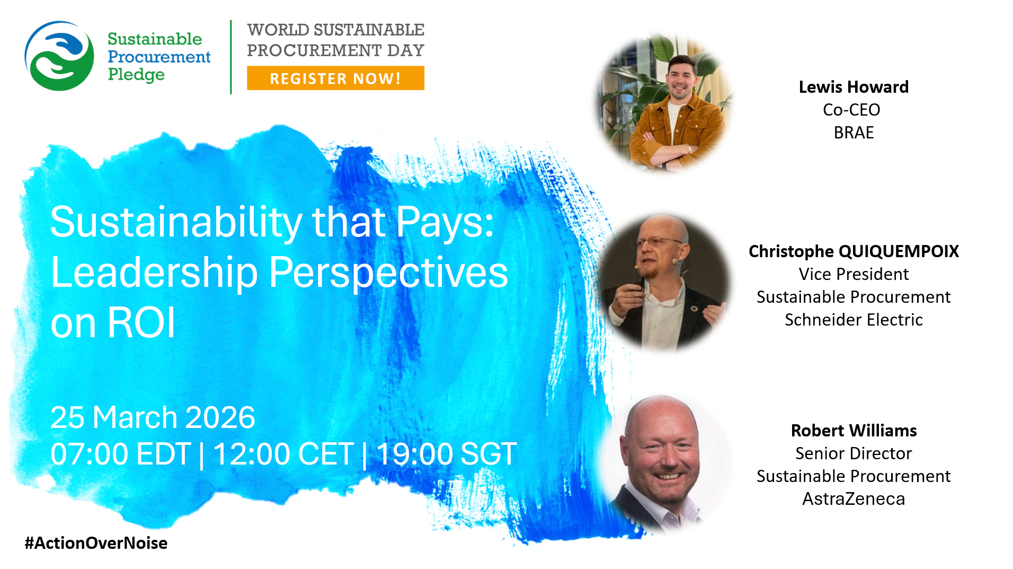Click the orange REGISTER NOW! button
(335, 78)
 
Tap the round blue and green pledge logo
(59, 56)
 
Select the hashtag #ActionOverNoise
(96, 543)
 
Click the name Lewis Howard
(854, 87)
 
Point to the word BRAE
(854, 133)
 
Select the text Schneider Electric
(854, 320)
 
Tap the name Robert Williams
(854, 431)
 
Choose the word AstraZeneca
(854, 499)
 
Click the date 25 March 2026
(153, 417)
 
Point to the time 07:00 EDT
(121, 454)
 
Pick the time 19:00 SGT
(447, 454)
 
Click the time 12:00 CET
(283, 454)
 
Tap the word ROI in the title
(141, 323)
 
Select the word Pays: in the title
(445, 223)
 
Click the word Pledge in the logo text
(136, 75)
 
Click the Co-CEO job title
(851, 110)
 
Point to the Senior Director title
(854, 453)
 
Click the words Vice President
(854, 274)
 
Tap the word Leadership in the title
(154, 273)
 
